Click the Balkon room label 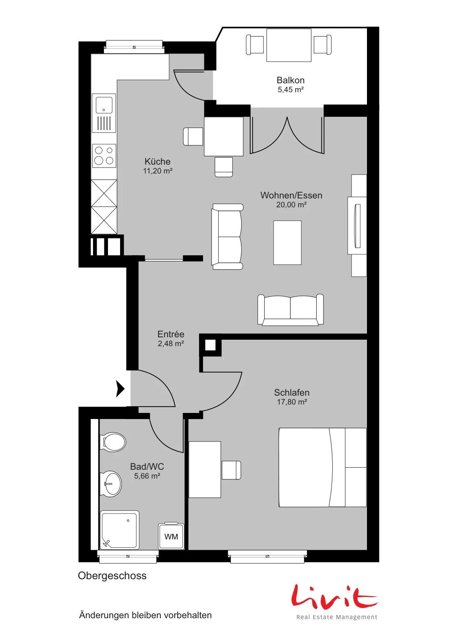coord(290,80)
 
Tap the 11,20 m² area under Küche coord(158,171)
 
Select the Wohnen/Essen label coord(291,196)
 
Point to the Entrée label coord(171,334)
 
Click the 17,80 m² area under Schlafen coord(292,402)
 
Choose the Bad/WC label coord(147,466)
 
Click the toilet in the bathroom coord(113,442)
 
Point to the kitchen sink coord(104,113)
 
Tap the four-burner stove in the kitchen coord(104,155)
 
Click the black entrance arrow coord(120,389)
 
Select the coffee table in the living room coord(287,243)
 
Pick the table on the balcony coord(289,45)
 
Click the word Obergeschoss coord(112,576)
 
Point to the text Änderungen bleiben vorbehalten coord(145,615)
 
